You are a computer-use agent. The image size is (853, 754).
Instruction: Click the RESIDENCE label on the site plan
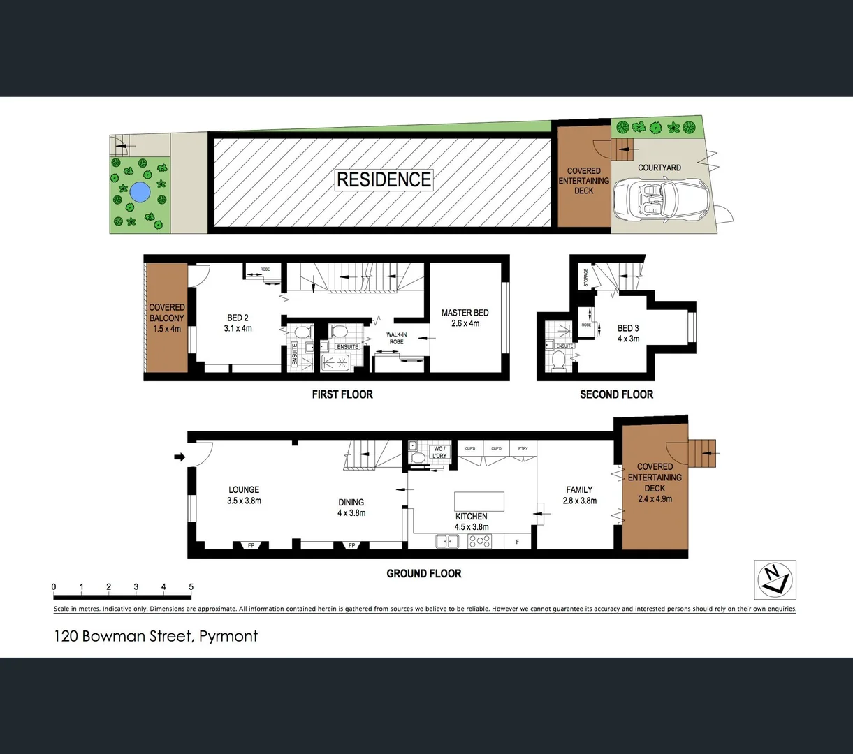click(x=384, y=179)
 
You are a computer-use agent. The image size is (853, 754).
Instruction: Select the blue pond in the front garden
click(x=139, y=191)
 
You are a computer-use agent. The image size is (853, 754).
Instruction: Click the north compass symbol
click(x=775, y=579)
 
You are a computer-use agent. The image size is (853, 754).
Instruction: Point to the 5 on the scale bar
click(x=191, y=587)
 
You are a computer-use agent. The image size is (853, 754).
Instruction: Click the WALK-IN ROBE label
click(x=396, y=339)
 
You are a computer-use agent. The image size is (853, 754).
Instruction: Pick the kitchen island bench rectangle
click(x=479, y=501)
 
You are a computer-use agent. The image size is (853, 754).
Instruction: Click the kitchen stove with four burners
click(x=480, y=541)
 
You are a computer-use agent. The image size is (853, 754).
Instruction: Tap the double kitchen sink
click(x=446, y=541)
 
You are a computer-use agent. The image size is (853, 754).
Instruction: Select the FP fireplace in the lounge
click(x=251, y=545)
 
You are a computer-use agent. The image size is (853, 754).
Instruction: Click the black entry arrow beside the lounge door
click(x=179, y=457)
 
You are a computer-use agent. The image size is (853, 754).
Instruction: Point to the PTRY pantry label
click(x=523, y=448)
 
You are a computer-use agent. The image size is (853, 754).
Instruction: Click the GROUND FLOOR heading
click(x=424, y=573)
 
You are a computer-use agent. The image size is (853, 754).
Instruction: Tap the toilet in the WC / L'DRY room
click(x=418, y=458)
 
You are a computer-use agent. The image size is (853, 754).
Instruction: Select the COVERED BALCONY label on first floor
click(x=167, y=318)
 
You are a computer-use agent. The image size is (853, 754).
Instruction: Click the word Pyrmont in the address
click(x=228, y=636)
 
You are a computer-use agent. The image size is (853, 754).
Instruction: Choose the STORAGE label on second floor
click(x=585, y=278)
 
